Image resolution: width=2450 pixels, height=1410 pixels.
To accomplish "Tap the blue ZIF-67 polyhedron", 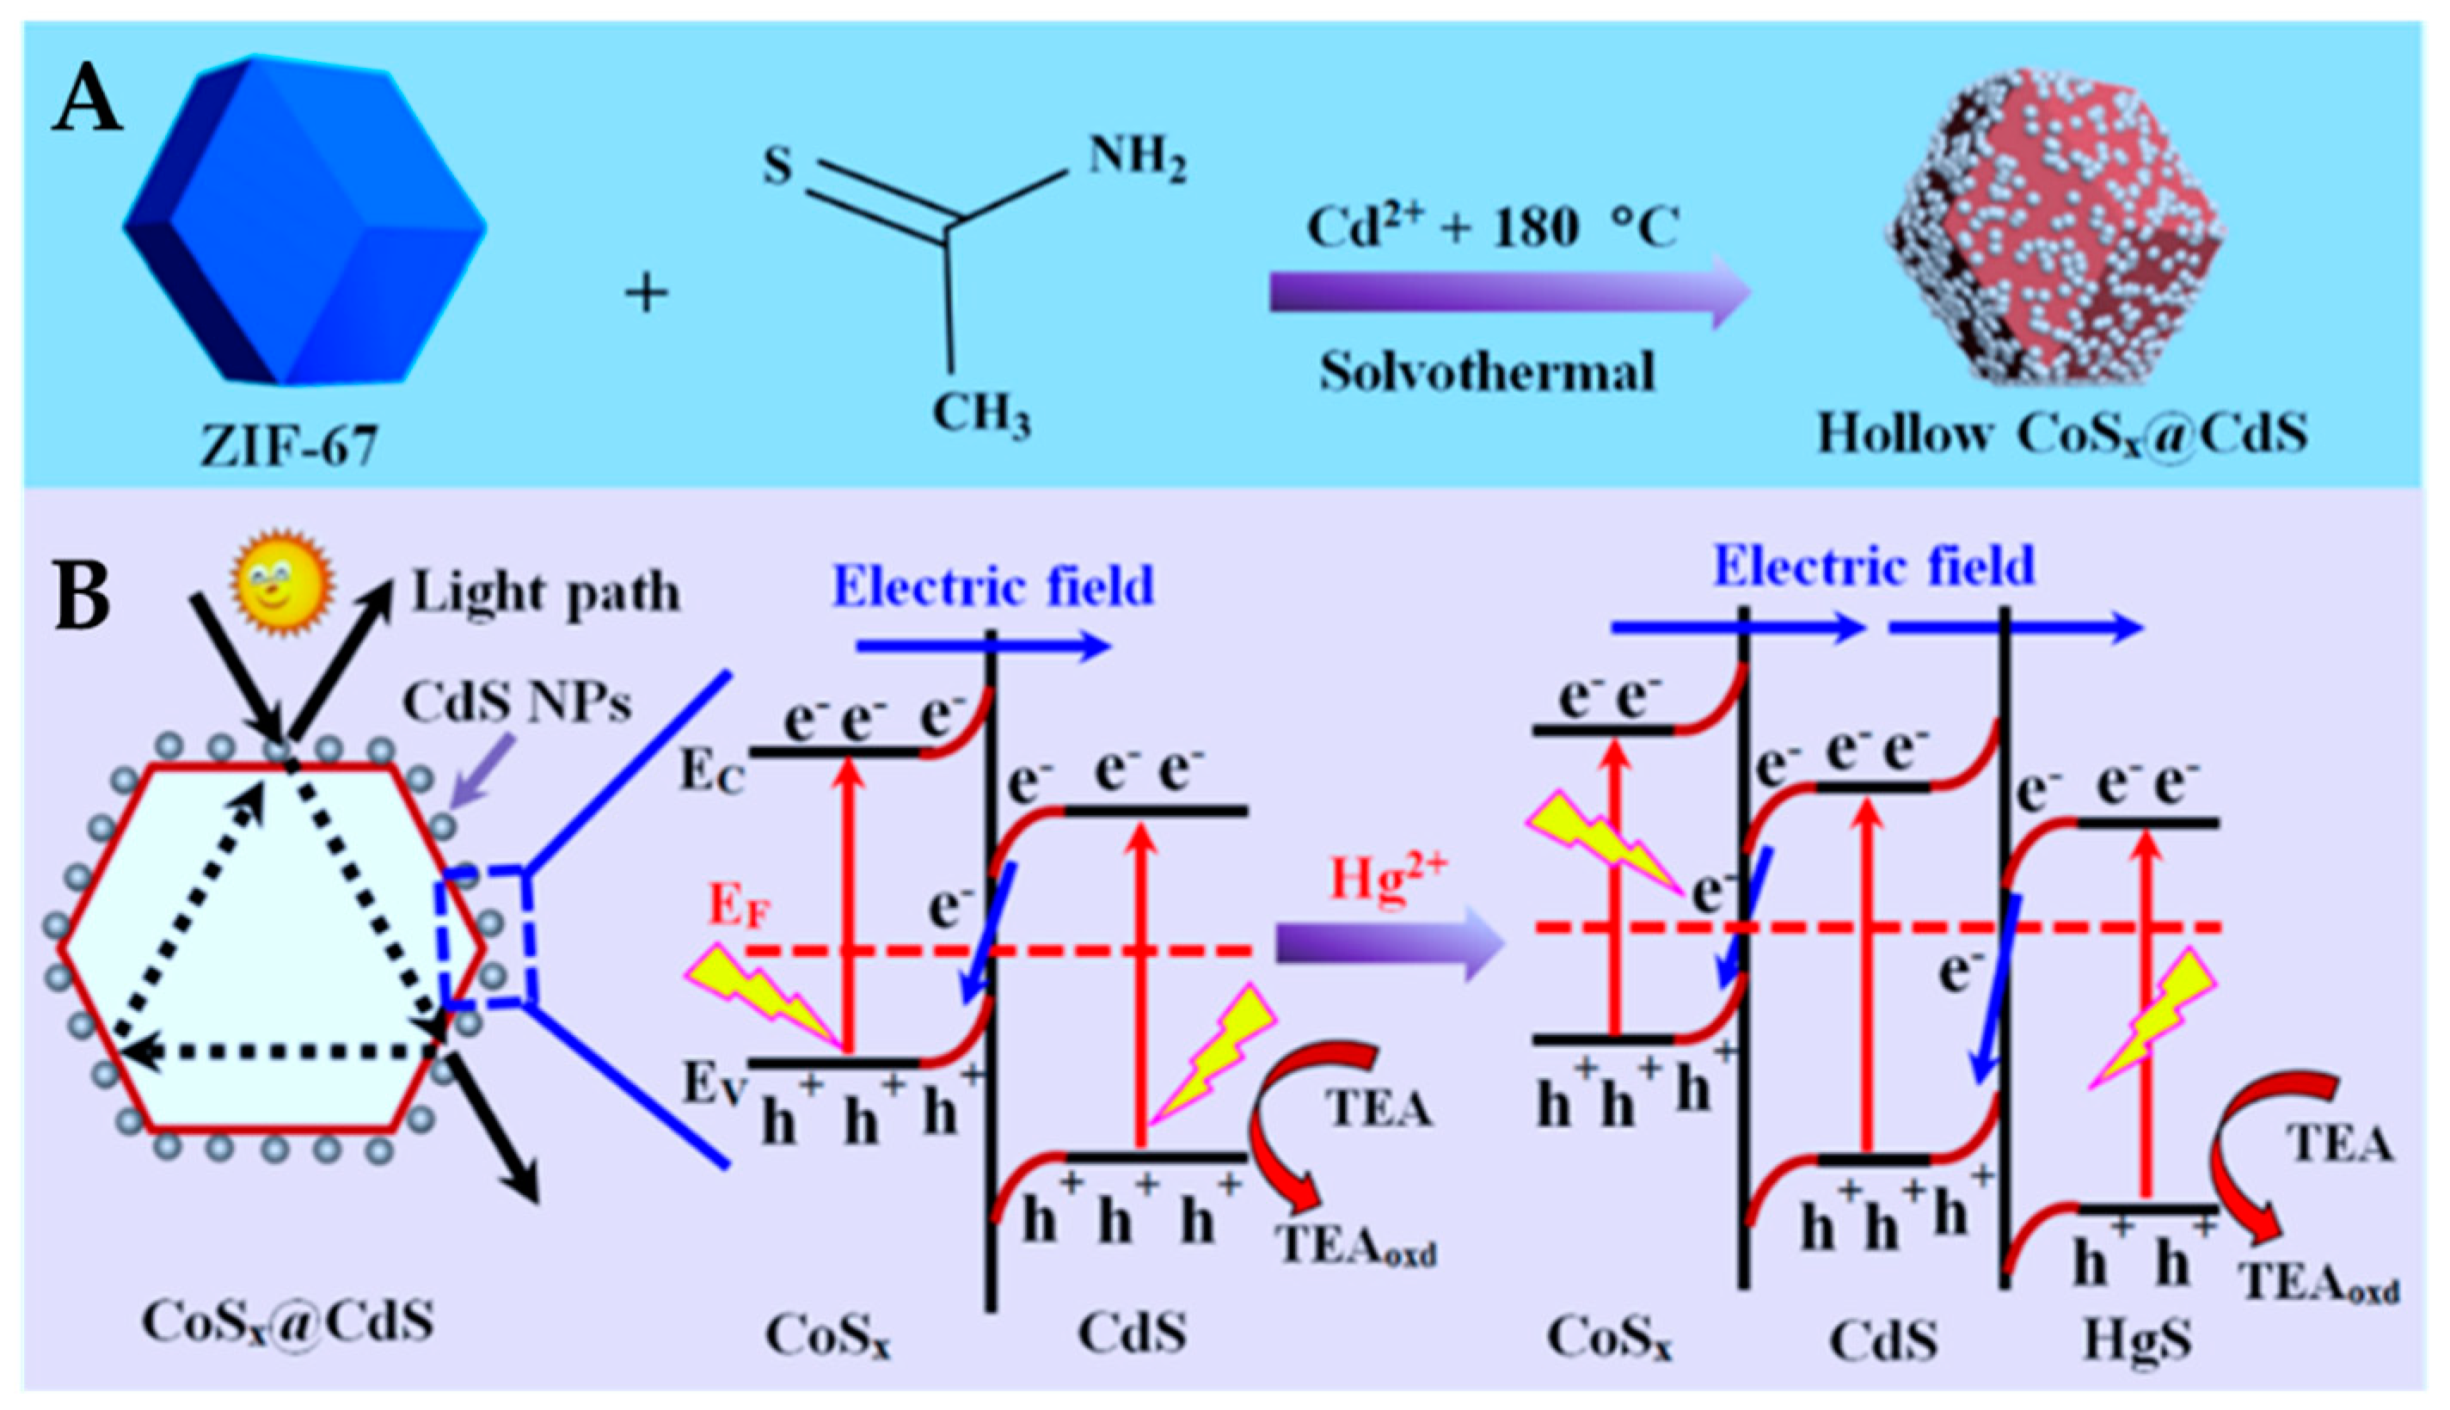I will click(303, 221).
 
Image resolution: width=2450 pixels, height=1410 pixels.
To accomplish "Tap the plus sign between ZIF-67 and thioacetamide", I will click(647, 292).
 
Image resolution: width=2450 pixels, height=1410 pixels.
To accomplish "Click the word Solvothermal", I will click(1487, 373).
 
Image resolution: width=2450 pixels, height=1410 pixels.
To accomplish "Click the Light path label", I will click(545, 592).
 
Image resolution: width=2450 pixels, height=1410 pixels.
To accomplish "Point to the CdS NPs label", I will click(517, 702).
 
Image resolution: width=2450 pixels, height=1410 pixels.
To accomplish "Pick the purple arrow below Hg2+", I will click(1390, 944).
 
